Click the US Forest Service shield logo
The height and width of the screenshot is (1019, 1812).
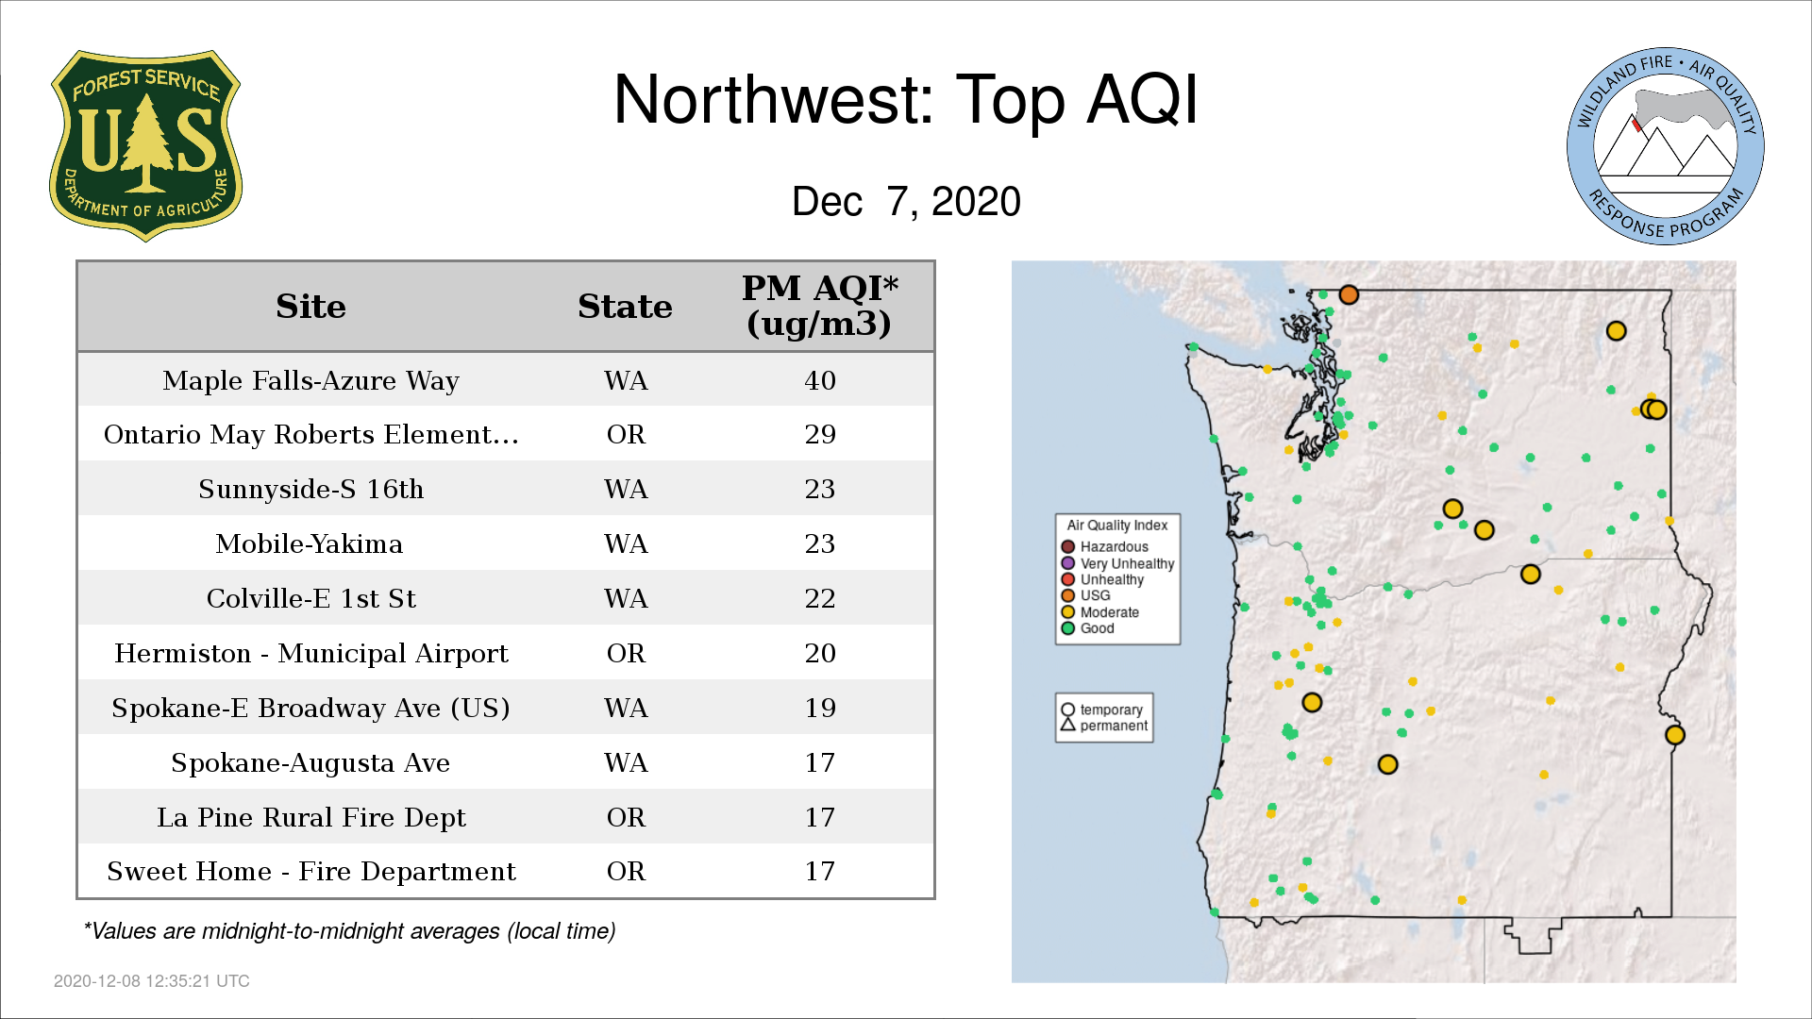tap(145, 146)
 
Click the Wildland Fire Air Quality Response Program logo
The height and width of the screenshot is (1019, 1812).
tap(1666, 146)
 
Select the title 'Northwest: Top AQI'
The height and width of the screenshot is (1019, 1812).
tap(905, 99)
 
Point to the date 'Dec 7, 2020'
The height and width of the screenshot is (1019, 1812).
tap(906, 201)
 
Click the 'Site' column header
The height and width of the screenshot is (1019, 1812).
tap(310, 307)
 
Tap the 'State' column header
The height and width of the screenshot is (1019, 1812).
tap(625, 307)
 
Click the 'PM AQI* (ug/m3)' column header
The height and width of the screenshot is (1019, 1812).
tap(819, 306)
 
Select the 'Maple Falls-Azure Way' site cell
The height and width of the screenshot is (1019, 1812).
tap(310, 380)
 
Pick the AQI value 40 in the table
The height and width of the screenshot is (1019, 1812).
tap(820, 380)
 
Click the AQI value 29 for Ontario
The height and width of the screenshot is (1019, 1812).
tap(820, 434)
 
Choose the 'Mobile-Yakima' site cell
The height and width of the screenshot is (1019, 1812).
tap(309, 543)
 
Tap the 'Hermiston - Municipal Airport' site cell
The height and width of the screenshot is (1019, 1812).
tap(311, 653)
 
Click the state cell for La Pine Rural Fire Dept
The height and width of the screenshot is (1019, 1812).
tap(626, 817)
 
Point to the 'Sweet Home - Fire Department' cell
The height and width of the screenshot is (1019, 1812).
tap(311, 871)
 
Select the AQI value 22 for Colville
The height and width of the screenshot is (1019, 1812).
tap(820, 598)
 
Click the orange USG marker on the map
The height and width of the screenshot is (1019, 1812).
tap(1349, 295)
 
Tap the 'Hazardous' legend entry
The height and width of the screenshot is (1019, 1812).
tap(1105, 546)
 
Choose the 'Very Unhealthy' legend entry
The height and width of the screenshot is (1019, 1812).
tap(1118, 563)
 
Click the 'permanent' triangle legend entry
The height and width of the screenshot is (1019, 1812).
tap(1104, 726)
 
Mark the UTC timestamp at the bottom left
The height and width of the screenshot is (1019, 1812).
tap(152, 981)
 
